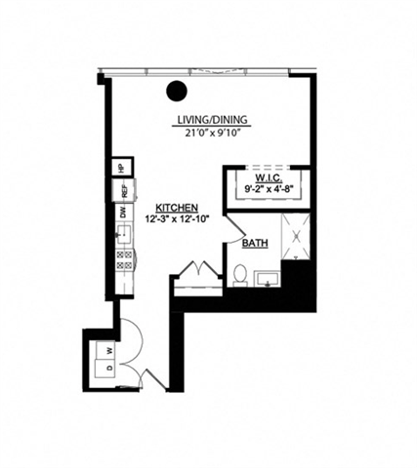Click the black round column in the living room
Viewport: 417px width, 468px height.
177,92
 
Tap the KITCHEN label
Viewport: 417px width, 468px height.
177,208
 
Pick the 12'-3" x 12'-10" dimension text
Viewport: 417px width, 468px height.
177,219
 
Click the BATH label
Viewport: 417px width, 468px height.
256,243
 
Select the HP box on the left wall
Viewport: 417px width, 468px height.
121,167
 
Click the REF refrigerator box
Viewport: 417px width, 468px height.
124,191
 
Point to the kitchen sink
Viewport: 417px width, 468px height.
124,234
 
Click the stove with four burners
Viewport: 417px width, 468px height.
125,259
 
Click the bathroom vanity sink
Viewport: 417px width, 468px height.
267,279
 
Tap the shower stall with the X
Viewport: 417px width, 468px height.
296,237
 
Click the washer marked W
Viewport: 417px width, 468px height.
109,348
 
